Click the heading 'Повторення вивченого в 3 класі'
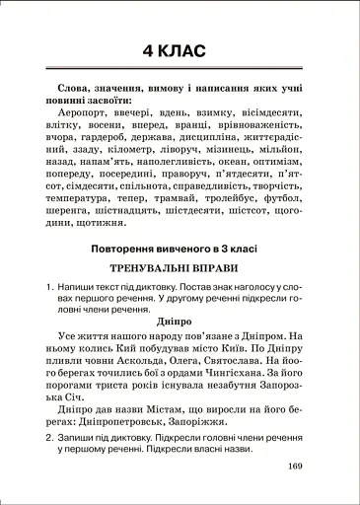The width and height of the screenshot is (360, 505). point(180,249)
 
